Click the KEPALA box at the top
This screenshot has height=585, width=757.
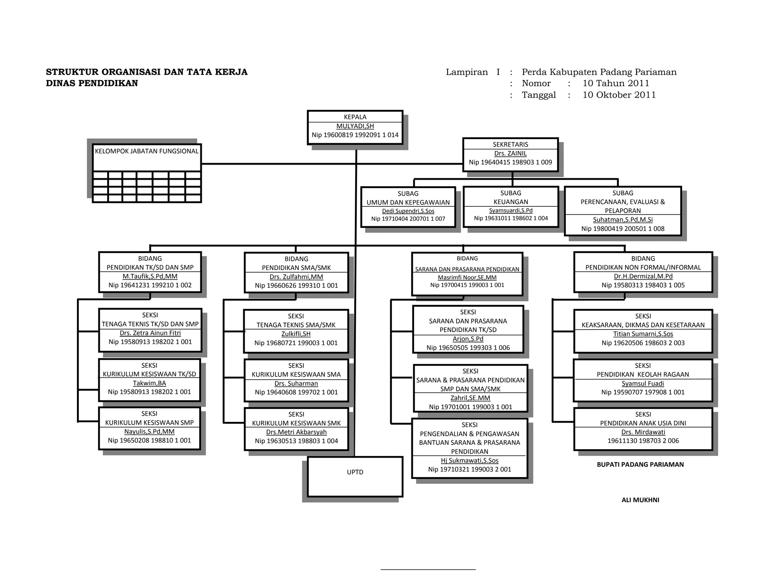coord(355,128)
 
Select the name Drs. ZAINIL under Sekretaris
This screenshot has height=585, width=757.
coord(510,153)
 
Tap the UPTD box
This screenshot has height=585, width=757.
coord(355,477)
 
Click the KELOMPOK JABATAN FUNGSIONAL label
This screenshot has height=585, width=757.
coord(147,151)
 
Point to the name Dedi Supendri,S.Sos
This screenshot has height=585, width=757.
coord(408,211)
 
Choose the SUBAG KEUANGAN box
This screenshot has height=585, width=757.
coord(511,207)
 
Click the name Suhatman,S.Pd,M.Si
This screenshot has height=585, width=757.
coord(623,220)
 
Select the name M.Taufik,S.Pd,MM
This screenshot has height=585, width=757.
coord(150,276)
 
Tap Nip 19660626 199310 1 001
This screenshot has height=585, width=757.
coord(296,285)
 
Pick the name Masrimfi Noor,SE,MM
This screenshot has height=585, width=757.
coord(467,277)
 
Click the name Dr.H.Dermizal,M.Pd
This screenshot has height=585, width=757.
coord(643,276)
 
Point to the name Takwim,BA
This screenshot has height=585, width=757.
coord(149,383)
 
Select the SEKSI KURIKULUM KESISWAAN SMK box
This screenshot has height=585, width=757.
coord(296,429)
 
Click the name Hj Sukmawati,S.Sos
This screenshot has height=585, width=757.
coord(469,460)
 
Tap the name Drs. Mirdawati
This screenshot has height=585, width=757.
coord(643,432)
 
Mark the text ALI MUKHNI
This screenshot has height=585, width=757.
coord(640,500)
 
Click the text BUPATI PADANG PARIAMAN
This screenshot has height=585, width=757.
coord(640,464)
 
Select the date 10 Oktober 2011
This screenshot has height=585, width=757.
coord(619,95)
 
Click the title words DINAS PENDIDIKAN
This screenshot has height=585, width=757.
coord(92,83)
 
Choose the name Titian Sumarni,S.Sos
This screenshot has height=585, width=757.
coord(643,334)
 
